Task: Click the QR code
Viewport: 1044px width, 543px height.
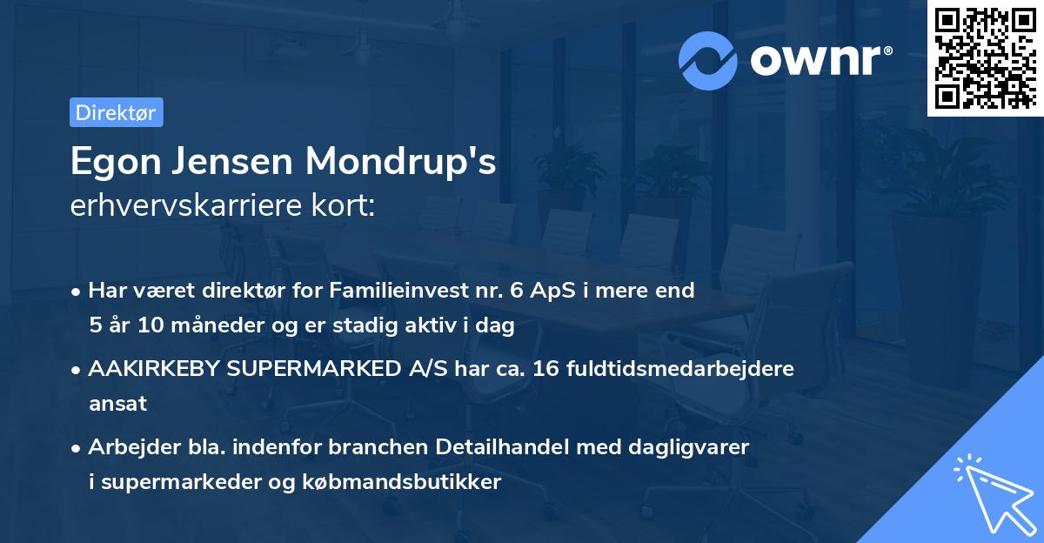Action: point(985,58)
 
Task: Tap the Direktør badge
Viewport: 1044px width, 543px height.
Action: point(116,112)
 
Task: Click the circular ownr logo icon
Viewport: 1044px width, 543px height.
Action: point(708,61)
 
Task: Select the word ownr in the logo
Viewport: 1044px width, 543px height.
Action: point(819,61)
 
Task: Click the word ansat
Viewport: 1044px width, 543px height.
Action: point(117,404)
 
